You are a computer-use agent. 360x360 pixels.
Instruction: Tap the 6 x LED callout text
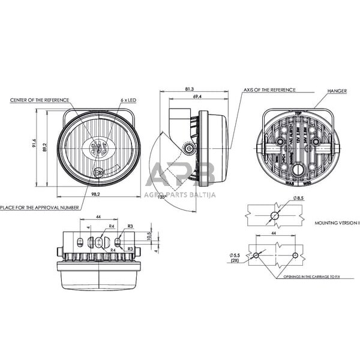click(x=128, y=100)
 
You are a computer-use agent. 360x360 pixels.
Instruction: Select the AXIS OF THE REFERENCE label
click(x=269, y=89)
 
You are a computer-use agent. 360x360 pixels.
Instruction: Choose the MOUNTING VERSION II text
click(x=337, y=222)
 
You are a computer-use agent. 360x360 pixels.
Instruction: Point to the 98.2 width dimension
click(x=95, y=195)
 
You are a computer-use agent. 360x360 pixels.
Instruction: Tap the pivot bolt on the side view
click(x=190, y=148)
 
